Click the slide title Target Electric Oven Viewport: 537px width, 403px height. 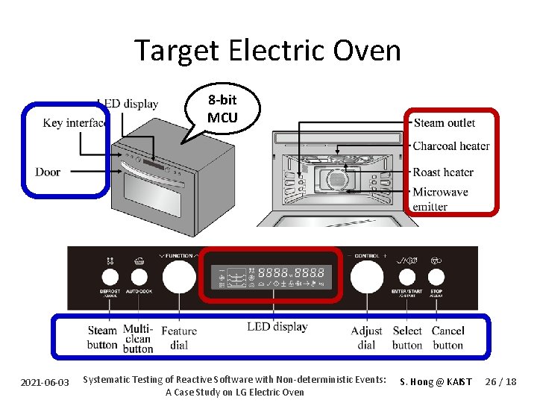point(268,51)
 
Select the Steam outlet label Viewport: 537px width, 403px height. point(444,123)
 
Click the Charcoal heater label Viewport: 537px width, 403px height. point(450,146)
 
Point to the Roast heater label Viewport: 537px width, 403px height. point(443,172)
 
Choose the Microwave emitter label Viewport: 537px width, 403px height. point(440,199)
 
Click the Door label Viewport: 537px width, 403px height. point(48,172)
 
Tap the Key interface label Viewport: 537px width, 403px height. point(75,123)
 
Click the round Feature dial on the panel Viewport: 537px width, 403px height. point(178,278)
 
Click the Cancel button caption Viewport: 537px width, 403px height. point(448,337)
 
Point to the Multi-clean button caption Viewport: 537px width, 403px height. point(138,338)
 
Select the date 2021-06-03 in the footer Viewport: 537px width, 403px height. point(45,382)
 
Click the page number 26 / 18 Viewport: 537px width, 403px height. point(500,382)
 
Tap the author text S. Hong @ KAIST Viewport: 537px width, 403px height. point(436,382)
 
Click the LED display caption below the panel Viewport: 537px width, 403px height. point(277,327)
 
